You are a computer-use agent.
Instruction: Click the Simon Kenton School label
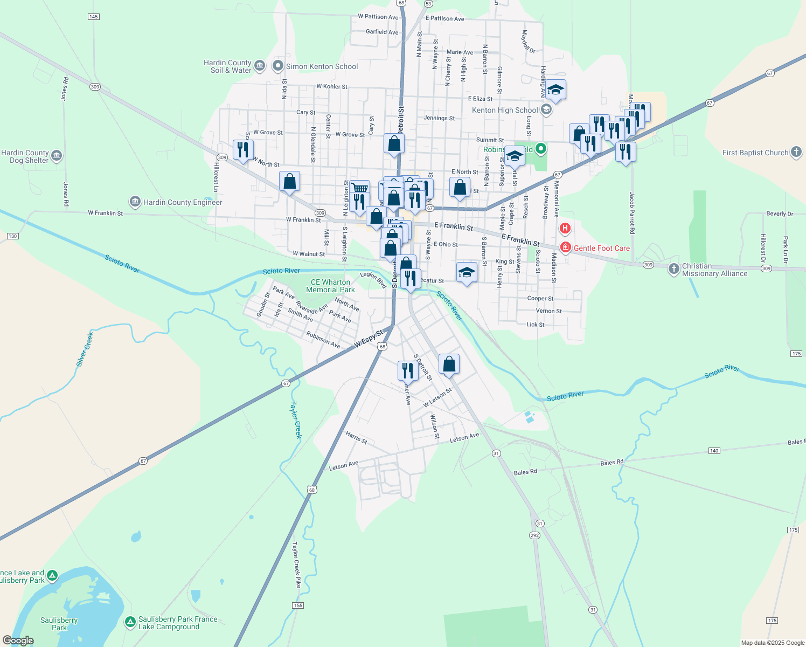click(322, 67)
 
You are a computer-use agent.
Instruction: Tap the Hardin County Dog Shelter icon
click(57, 156)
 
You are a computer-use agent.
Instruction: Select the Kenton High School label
click(505, 111)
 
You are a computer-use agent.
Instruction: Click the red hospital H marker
click(565, 229)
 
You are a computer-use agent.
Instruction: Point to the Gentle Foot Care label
click(601, 249)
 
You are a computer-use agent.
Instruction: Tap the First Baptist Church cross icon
click(796, 153)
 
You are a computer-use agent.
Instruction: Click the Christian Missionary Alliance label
click(714, 270)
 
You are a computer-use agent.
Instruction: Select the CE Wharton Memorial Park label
click(330, 286)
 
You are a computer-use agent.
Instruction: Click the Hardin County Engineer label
click(183, 203)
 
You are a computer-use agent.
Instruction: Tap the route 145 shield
click(93, 17)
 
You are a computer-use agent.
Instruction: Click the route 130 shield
click(13, 236)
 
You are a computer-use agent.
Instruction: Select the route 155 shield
click(298, 605)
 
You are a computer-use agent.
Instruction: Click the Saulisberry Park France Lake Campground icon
click(130, 622)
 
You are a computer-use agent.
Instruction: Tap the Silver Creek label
click(85, 349)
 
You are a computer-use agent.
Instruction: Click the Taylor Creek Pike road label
click(297, 565)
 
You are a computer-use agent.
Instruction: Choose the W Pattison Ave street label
click(378, 17)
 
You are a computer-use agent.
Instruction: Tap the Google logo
click(18, 641)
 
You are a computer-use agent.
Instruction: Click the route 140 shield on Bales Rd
click(714, 451)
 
